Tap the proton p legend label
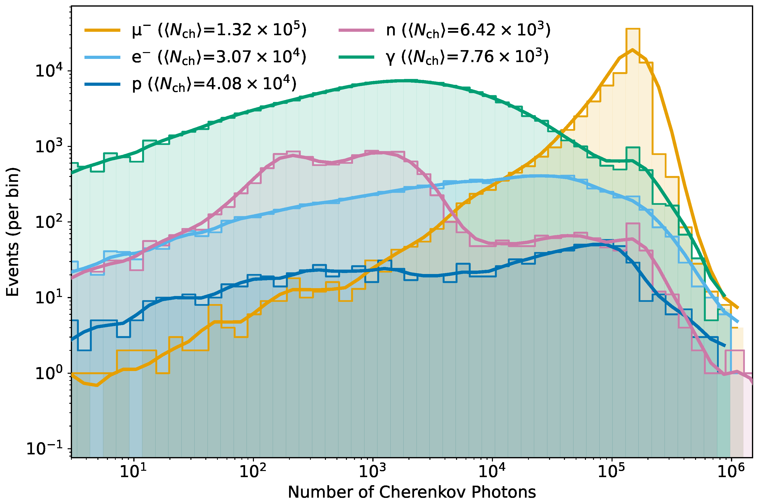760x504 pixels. [x=214, y=84]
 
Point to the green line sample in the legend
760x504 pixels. [x=356, y=57]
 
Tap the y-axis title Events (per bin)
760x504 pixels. [x=13, y=231]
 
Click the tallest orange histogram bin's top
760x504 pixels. [x=633, y=29]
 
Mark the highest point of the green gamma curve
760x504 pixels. [x=408, y=80]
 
